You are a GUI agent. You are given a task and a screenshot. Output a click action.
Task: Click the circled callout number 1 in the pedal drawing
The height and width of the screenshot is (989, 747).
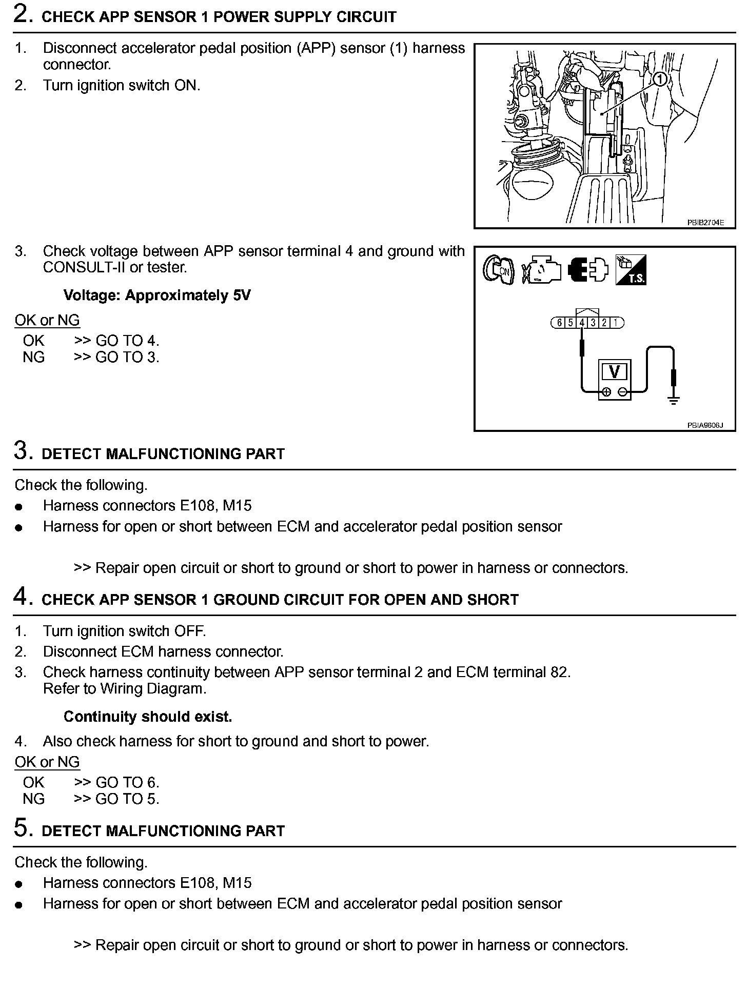click(x=660, y=78)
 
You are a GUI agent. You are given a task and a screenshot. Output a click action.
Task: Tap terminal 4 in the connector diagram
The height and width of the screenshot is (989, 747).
click(x=582, y=323)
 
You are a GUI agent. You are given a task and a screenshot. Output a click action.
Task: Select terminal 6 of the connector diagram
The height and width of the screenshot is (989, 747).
click(x=559, y=323)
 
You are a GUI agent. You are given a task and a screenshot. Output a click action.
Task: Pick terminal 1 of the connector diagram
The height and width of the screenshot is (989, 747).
click(x=616, y=323)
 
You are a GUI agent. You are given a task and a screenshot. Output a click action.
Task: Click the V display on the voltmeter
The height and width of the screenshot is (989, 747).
click(x=614, y=371)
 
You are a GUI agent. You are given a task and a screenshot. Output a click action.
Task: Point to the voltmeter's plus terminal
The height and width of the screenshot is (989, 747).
click(x=606, y=392)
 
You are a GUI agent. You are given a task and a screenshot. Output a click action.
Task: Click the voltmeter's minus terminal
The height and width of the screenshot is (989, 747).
click(x=622, y=392)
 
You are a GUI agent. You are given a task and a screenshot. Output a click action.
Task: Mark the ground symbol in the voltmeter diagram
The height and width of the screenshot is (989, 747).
click(x=674, y=401)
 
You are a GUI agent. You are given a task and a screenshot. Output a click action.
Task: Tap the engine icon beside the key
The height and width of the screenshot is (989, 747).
click(x=541, y=270)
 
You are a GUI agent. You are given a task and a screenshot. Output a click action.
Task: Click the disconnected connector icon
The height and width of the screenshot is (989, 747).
click(x=588, y=269)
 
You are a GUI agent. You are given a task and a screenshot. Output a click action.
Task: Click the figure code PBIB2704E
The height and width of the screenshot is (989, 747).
click(x=705, y=223)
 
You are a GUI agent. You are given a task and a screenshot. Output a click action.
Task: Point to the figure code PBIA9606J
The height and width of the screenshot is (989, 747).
click(x=705, y=425)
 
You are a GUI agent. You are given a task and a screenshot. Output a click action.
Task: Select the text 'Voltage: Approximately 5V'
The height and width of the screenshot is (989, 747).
click(x=157, y=295)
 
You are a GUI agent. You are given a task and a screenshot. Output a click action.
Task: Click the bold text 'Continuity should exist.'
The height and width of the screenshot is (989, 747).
click(x=148, y=717)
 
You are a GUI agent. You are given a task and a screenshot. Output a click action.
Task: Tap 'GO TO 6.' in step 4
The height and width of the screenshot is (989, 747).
click(x=127, y=782)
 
